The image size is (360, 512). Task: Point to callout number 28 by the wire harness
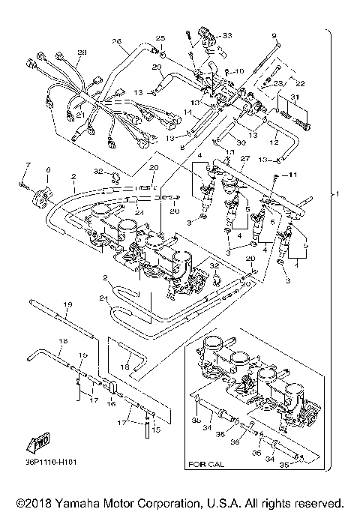pyautogui.click(x=82, y=52)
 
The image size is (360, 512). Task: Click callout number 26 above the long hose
pyautogui.click(x=116, y=41)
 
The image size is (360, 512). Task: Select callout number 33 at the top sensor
pyautogui.click(x=227, y=35)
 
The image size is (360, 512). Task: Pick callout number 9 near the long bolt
pyautogui.click(x=274, y=36)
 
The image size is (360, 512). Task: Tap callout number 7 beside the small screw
pyautogui.click(x=27, y=163)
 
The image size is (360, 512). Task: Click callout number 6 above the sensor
pyautogui.click(x=49, y=170)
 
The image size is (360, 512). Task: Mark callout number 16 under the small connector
pyautogui.click(x=109, y=403)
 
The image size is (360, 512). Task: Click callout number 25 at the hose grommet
pyautogui.click(x=159, y=37)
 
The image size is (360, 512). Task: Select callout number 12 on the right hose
pyautogui.click(x=274, y=142)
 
